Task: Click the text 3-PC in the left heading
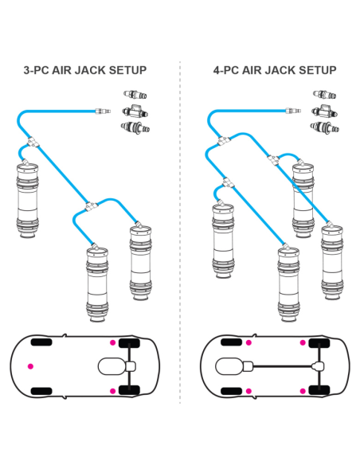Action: pos(39,70)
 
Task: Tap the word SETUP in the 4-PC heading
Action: pos(316,70)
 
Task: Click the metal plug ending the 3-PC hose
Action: pos(100,111)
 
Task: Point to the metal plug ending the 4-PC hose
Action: pos(292,111)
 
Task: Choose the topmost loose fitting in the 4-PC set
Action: pos(325,94)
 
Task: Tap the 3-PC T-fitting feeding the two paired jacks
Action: pos(92,205)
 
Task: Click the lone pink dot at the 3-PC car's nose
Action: pos(30,365)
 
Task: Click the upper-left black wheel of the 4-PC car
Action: pos(232,342)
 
